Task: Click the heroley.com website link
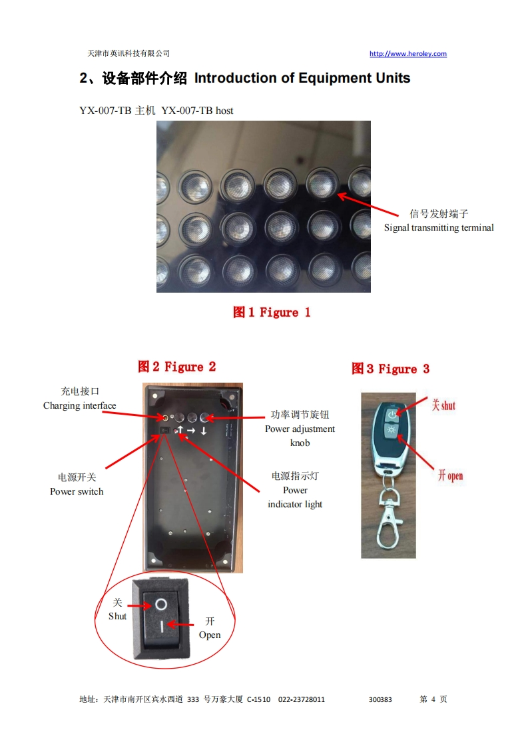pyautogui.click(x=408, y=53)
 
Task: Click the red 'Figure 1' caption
pyautogui.click(x=272, y=313)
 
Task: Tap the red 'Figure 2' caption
pyautogui.click(x=177, y=367)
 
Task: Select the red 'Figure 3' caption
pyautogui.click(x=391, y=369)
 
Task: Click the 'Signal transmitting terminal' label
pyautogui.click(x=439, y=227)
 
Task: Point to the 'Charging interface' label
pyautogui.click(x=80, y=405)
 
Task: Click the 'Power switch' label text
pyautogui.click(x=77, y=491)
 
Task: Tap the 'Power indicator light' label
pyautogui.click(x=295, y=497)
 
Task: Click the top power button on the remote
pyautogui.click(x=392, y=414)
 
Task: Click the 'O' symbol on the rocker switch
pyautogui.click(x=161, y=605)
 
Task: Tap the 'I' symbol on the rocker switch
pyautogui.click(x=162, y=626)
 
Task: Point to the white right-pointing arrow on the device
pyautogui.click(x=191, y=431)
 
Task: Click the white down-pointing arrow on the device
pyautogui.click(x=204, y=431)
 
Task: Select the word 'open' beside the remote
pyautogui.click(x=455, y=476)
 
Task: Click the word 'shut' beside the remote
pyautogui.click(x=448, y=405)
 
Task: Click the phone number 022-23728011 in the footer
pyautogui.click(x=302, y=699)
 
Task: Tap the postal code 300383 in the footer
pyautogui.click(x=380, y=699)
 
